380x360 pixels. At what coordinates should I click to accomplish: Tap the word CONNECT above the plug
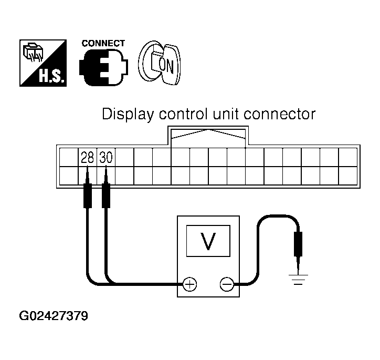[103, 43]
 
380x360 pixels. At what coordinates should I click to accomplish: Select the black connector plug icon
[103, 68]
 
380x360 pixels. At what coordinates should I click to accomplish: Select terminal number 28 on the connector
[87, 157]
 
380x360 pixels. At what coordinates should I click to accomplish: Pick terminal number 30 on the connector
[106, 157]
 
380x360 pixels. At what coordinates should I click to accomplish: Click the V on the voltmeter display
[208, 240]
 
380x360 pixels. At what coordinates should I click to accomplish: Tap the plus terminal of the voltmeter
[189, 284]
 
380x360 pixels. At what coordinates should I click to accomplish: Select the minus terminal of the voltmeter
[227, 284]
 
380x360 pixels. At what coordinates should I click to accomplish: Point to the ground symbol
[298, 278]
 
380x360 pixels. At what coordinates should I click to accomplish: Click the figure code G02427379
[54, 316]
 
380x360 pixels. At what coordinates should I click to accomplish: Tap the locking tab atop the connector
[209, 135]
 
